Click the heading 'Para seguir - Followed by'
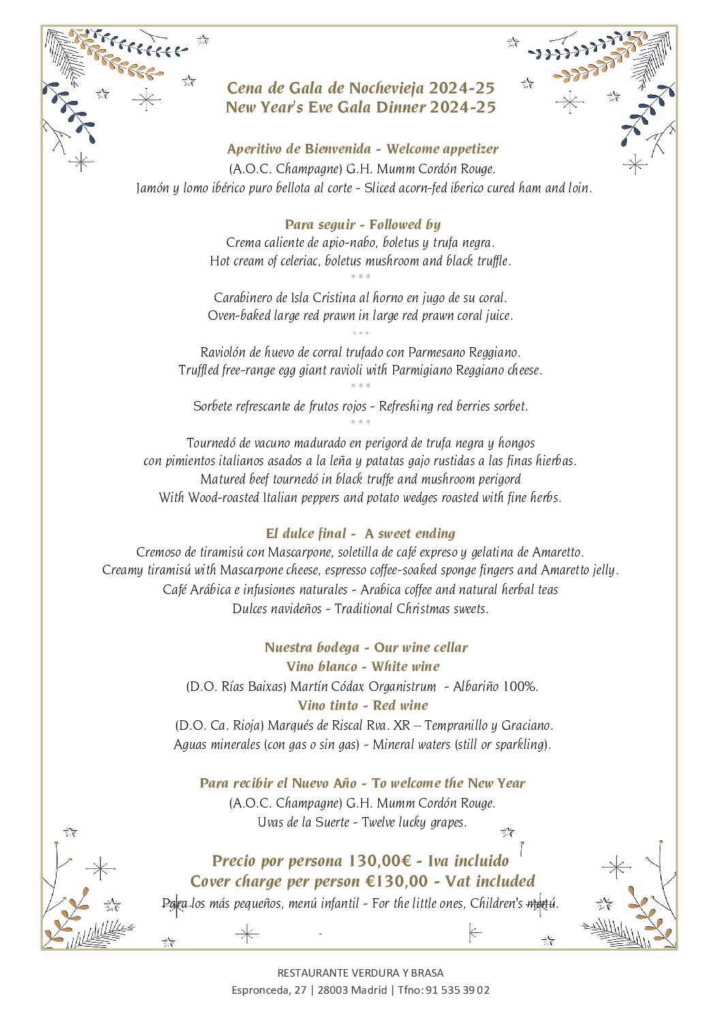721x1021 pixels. tap(363, 224)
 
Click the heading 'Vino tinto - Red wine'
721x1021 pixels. tap(363, 705)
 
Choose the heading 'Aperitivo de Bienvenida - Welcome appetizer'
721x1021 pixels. tap(363, 149)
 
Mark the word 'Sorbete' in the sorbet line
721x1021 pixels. tap(213, 406)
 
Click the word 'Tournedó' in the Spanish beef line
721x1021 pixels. tap(212, 443)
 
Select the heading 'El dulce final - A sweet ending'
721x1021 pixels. tap(360, 533)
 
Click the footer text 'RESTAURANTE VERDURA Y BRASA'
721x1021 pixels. tap(360, 973)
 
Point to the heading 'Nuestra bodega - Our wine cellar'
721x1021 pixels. tap(366, 647)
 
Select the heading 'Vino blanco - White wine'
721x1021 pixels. tap(363, 666)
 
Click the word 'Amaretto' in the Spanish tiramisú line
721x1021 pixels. tap(557, 552)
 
